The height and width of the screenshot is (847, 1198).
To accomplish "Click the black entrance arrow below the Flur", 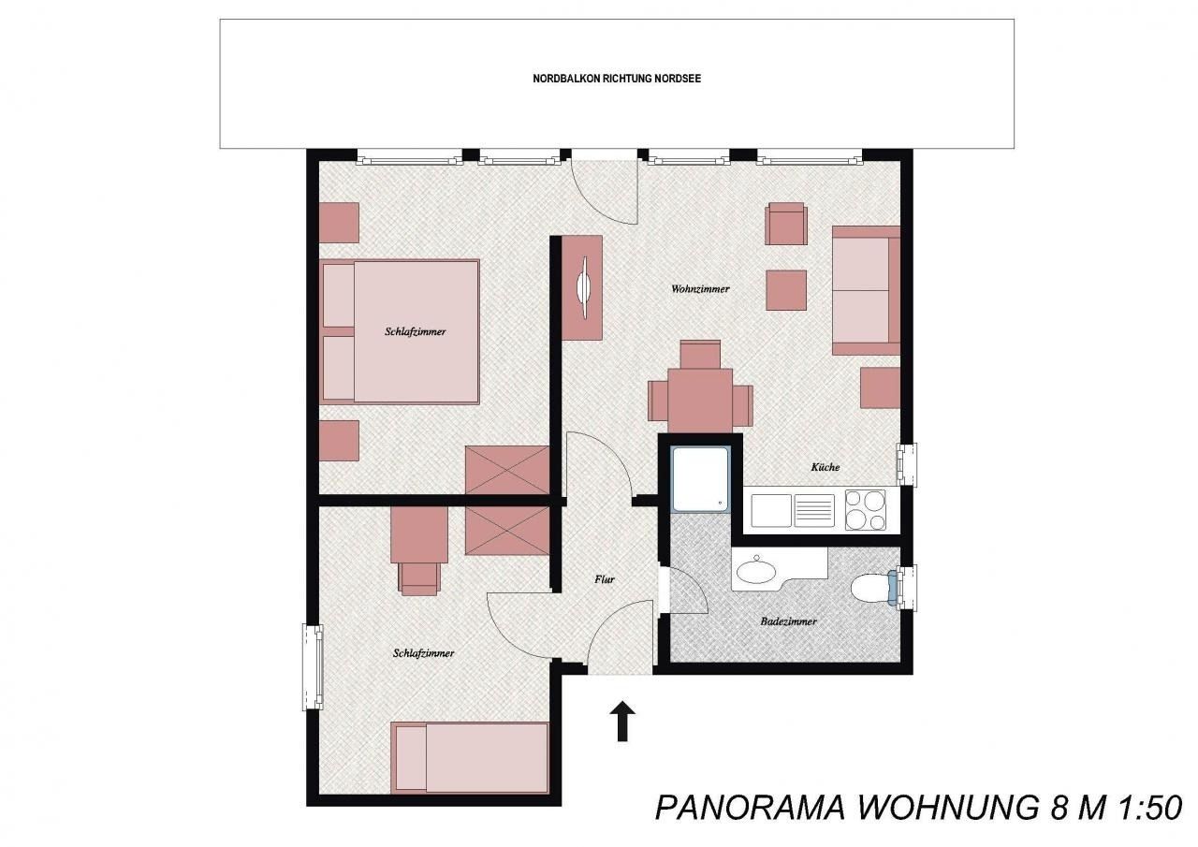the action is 622,722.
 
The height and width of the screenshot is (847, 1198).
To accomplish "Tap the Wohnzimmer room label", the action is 700,289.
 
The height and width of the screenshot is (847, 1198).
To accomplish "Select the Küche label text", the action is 825,467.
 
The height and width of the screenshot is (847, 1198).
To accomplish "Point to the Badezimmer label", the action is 788,621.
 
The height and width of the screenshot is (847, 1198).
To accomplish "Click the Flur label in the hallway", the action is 605,579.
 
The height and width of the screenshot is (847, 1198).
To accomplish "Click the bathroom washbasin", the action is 755,572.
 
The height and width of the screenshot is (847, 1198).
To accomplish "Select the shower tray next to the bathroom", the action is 700,479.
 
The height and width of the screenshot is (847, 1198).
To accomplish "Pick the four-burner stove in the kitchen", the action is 865,510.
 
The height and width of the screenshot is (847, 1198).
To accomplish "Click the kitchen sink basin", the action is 770,511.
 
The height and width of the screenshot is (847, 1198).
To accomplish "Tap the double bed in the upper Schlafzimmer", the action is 400,332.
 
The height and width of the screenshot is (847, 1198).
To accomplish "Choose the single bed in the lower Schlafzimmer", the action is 470,758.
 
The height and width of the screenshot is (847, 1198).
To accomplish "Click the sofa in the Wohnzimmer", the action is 866,290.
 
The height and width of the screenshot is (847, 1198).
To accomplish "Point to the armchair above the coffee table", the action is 785,224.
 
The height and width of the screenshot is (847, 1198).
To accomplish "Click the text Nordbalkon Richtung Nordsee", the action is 617,79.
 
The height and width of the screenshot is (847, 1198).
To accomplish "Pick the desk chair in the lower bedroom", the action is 419,578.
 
